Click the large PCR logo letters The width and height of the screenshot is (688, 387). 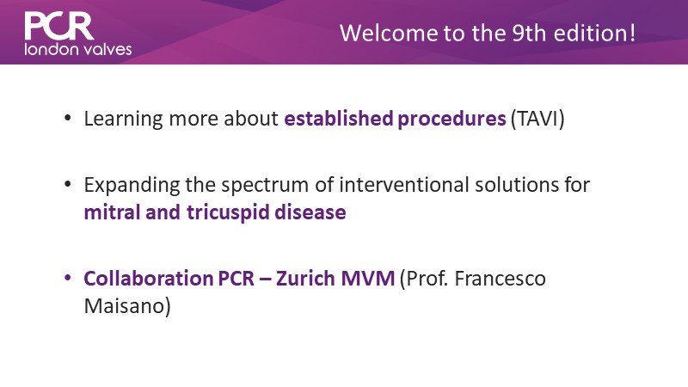[59, 26]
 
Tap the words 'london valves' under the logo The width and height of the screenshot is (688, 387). [78, 49]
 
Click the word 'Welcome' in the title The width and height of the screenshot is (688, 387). [389, 34]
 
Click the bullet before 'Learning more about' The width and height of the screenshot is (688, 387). [67, 118]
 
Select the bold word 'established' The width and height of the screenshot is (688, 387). [339, 119]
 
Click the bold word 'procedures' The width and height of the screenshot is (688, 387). [451, 120]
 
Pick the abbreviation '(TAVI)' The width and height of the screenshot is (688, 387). [537, 119]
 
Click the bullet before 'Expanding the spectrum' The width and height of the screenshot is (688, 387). [67, 184]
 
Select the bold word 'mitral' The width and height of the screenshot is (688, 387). [112, 212]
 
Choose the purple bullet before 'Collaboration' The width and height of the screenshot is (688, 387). [67, 278]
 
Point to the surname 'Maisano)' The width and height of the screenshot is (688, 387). [127, 306]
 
